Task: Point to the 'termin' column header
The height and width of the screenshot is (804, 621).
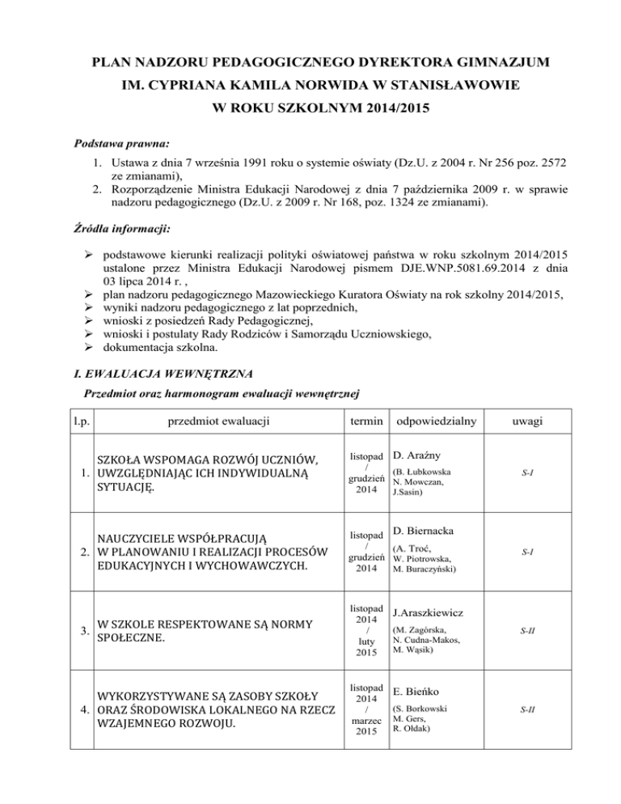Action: pyautogui.click(x=362, y=421)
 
